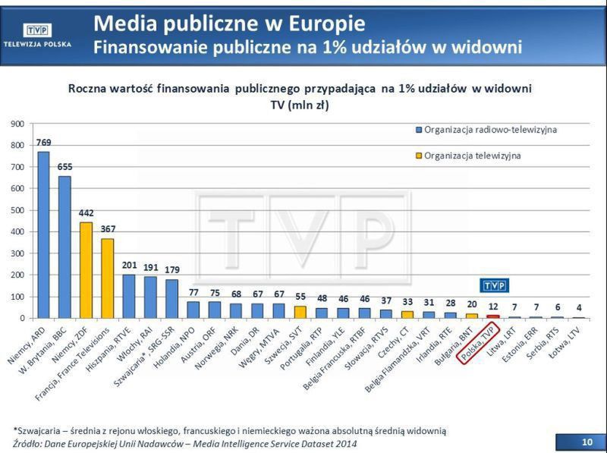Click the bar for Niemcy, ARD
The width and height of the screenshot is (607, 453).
[x=43, y=234]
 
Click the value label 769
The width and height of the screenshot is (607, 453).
[x=43, y=143]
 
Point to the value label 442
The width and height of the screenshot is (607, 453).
[x=86, y=213]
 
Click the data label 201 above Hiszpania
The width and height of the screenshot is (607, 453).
[x=129, y=265]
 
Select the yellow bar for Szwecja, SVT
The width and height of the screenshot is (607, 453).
[x=300, y=312]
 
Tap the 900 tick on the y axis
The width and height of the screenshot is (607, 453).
[x=16, y=123]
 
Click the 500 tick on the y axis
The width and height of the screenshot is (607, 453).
[x=16, y=210]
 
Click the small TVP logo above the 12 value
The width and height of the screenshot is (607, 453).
[x=495, y=285]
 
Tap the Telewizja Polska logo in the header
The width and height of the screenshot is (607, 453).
[x=38, y=34]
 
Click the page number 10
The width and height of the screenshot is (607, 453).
[x=587, y=441]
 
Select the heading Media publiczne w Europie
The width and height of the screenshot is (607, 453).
[x=229, y=23]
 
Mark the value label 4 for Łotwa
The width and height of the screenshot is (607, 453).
[x=579, y=307]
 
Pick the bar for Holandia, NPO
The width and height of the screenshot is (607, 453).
[x=193, y=310]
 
